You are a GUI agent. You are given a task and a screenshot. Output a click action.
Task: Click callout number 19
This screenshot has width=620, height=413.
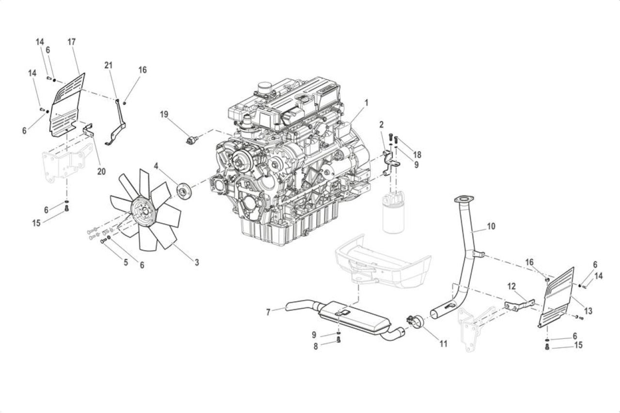click(x=164, y=114)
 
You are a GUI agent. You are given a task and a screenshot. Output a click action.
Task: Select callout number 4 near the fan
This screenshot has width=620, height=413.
click(x=156, y=166)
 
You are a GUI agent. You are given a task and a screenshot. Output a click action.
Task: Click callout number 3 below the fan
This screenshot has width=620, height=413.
click(x=197, y=262)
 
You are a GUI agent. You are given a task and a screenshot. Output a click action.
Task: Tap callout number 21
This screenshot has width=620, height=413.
click(x=108, y=65)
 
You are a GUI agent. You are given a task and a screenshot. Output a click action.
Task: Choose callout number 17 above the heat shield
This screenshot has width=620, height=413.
click(x=71, y=42)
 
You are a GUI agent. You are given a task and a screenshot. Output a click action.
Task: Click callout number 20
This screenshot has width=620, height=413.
click(x=101, y=171)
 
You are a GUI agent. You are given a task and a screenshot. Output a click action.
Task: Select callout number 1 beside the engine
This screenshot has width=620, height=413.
click(x=366, y=103)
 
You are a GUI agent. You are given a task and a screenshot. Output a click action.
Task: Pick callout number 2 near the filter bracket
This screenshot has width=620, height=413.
click(x=381, y=125)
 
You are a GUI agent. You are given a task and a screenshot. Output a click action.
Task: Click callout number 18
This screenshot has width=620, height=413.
click(x=417, y=154)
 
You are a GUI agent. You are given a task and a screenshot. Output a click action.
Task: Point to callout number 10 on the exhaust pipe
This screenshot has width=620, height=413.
click(x=491, y=226)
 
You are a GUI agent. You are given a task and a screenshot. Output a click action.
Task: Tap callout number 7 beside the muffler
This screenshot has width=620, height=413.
click(x=268, y=312)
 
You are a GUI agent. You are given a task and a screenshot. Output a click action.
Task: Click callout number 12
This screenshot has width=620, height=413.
click(x=512, y=286)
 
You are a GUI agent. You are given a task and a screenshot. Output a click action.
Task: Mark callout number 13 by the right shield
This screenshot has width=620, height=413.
click(x=588, y=311)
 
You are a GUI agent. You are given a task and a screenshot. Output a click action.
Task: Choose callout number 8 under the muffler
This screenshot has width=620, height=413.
click(x=315, y=346)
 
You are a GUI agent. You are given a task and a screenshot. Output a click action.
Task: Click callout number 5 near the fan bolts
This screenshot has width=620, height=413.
click(x=126, y=262)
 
